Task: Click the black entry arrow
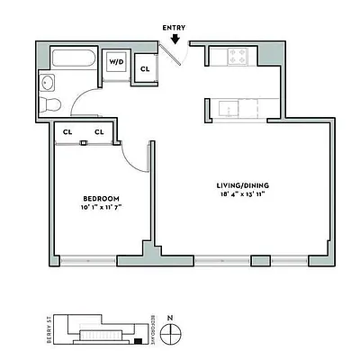pyautogui.click(x=175, y=38)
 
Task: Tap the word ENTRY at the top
pyautogui.click(x=175, y=27)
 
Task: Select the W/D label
pyautogui.click(x=116, y=62)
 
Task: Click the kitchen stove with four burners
pyautogui.click(x=240, y=57)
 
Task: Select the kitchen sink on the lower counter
pyautogui.click(x=231, y=109)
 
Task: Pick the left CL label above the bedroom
pyautogui.click(x=67, y=132)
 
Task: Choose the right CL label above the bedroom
pyautogui.click(x=99, y=132)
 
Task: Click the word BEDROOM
pyautogui.click(x=101, y=198)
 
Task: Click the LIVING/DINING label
pyautogui.click(x=244, y=185)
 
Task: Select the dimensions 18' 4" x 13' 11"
pyautogui.click(x=244, y=194)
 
